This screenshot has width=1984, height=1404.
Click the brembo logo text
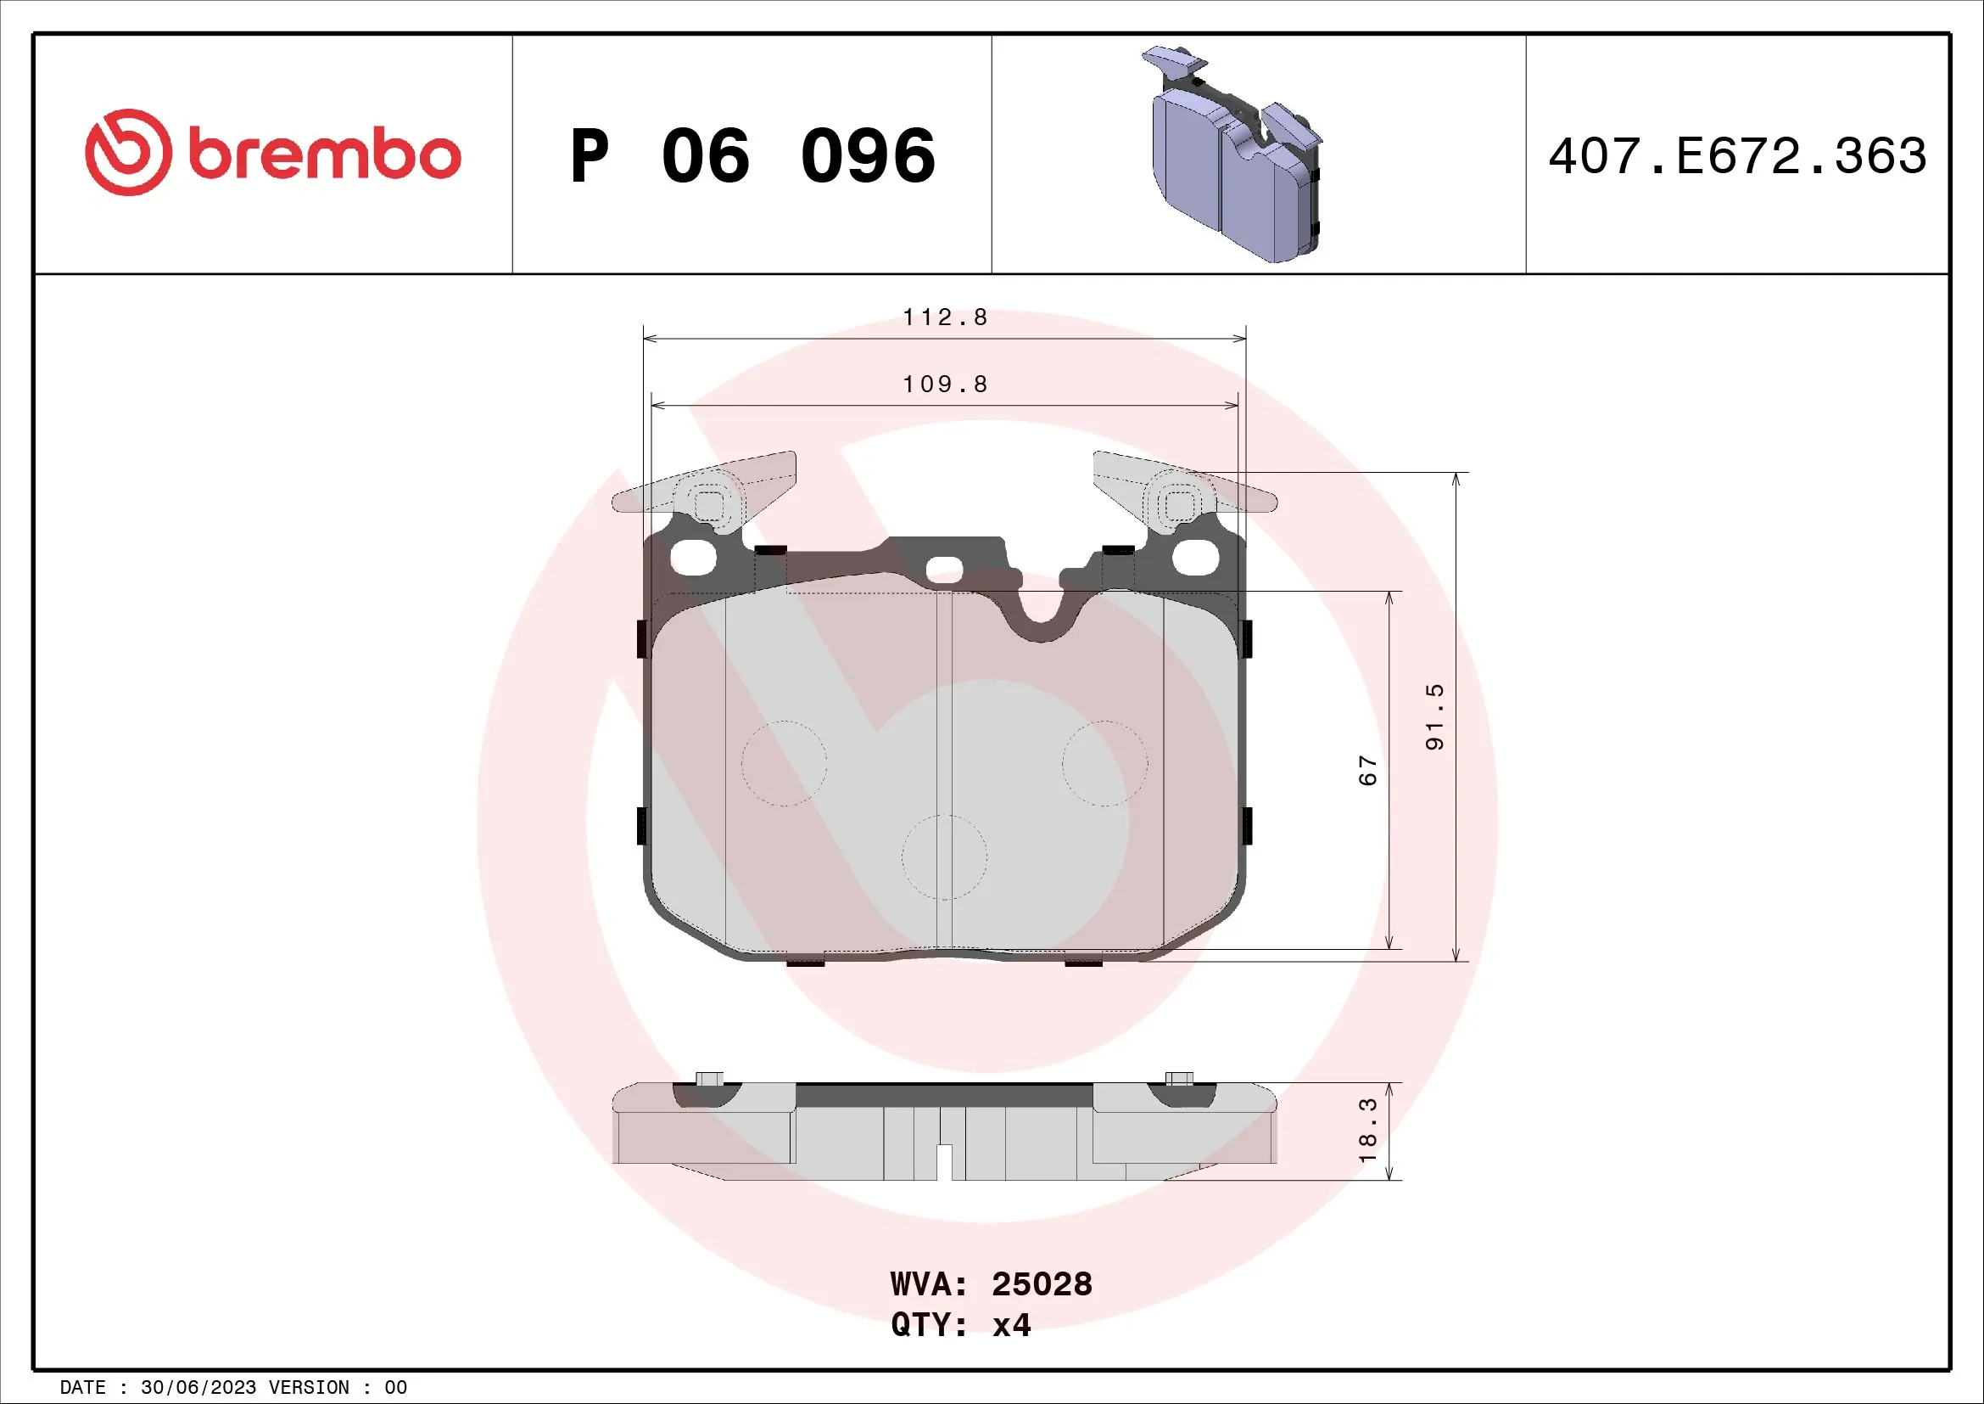pyautogui.click(x=324, y=155)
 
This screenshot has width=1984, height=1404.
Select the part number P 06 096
pyautogui.click(x=752, y=156)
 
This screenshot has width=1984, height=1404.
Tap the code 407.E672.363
pyautogui.click(x=1737, y=156)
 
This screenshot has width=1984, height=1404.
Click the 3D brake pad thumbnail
pyautogui.click(x=1236, y=155)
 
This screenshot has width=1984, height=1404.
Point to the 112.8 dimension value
pyautogui.click(x=944, y=317)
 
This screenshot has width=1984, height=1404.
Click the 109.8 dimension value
pyautogui.click(x=944, y=384)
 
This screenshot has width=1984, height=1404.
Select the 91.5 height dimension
pyautogui.click(x=1434, y=716)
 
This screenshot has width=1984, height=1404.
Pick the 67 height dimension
pyautogui.click(x=1368, y=769)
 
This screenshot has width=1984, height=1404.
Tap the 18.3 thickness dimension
pyautogui.click(x=1368, y=1131)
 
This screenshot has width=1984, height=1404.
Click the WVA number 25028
pyautogui.click(x=1042, y=1284)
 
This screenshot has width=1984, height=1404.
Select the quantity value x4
pyautogui.click(x=1011, y=1325)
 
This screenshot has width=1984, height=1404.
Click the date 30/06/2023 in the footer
pyautogui.click(x=198, y=1388)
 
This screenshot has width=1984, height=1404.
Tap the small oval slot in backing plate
pyautogui.click(x=944, y=570)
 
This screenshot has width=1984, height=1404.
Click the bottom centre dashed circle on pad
pyautogui.click(x=944, y=856)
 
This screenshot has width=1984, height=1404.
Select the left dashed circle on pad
pyautogui.click(x=784, y=763)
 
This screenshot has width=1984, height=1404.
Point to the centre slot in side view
pyautogui.click(x=944, y=1161)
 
